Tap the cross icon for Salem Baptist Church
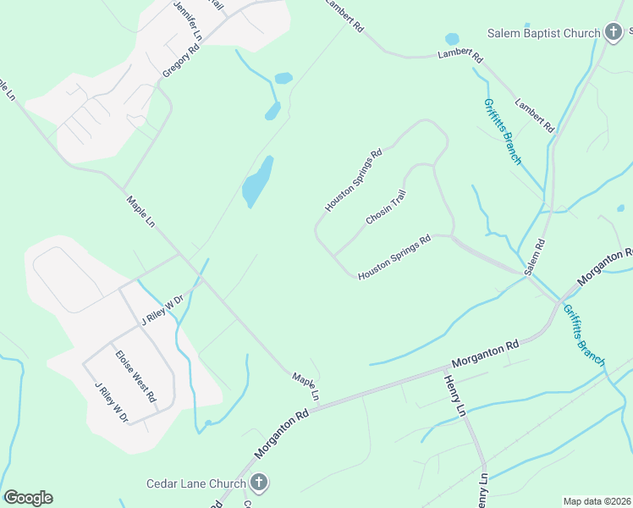click(x=614, y=33)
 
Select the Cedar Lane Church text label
click(x=195, y=483)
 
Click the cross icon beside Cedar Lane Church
click(x=259, y=483)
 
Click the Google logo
click(x=28, y=498)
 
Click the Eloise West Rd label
click(x=136, y=375)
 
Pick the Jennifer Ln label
click(x=188, y=21)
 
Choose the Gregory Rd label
click(x=181, y=61)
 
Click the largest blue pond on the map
click(x=257, y=181)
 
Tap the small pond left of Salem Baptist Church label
click(x=452, y=39)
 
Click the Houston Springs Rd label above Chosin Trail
click(x=354, y=180)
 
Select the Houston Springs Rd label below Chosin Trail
click(x=394, y=257)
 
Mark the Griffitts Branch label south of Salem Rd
click(x=583, y=334)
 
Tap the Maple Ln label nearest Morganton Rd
click(x=305, y=386)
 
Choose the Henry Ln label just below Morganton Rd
click(x=454, y=395)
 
